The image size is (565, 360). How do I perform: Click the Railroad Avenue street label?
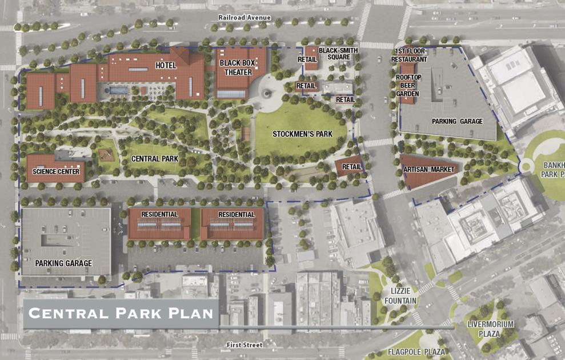(x=244, y=18)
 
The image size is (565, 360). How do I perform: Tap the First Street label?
(x=244, y=345)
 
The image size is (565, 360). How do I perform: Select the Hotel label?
(x=166, y=66)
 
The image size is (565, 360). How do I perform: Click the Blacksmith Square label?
(x=338, y=54)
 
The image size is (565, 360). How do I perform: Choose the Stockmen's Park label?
(x=302, y=134)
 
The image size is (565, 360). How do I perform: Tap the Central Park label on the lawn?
(x=154, y=159)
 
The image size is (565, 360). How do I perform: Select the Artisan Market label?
(x=428, y=170)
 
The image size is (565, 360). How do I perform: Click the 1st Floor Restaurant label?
(x=410, y=55)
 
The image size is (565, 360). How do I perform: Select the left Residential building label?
(x=159, y=215)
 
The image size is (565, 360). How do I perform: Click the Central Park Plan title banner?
(x=121, y=313)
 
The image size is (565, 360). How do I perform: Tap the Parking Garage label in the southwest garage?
(x=63, y=263)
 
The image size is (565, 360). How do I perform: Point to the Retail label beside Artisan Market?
(x=352, y=167)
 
